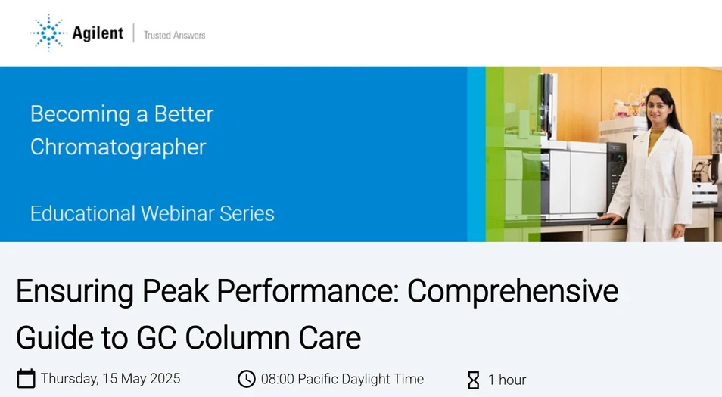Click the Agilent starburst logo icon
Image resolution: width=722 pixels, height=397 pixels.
tap(48, 33)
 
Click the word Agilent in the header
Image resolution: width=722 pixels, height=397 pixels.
tap(98, 33)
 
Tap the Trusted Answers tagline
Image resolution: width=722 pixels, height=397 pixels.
tap(174, 35)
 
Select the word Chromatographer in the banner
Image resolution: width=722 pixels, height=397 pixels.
tap(118, 147)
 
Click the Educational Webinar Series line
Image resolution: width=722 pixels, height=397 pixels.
tap(152, 213)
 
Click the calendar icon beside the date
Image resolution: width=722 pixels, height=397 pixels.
tap(26, 379)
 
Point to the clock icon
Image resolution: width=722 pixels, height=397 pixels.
tap(246, 379)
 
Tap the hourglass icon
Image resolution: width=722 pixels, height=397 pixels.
tap(474, 380)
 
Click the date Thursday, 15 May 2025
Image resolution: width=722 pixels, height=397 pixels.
tap(110, 379)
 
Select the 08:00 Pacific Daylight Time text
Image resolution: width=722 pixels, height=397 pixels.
tap(342, 379)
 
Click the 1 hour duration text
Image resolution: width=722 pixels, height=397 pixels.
tap(507, 380)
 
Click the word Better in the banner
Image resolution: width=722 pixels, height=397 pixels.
tap(184, 114)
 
